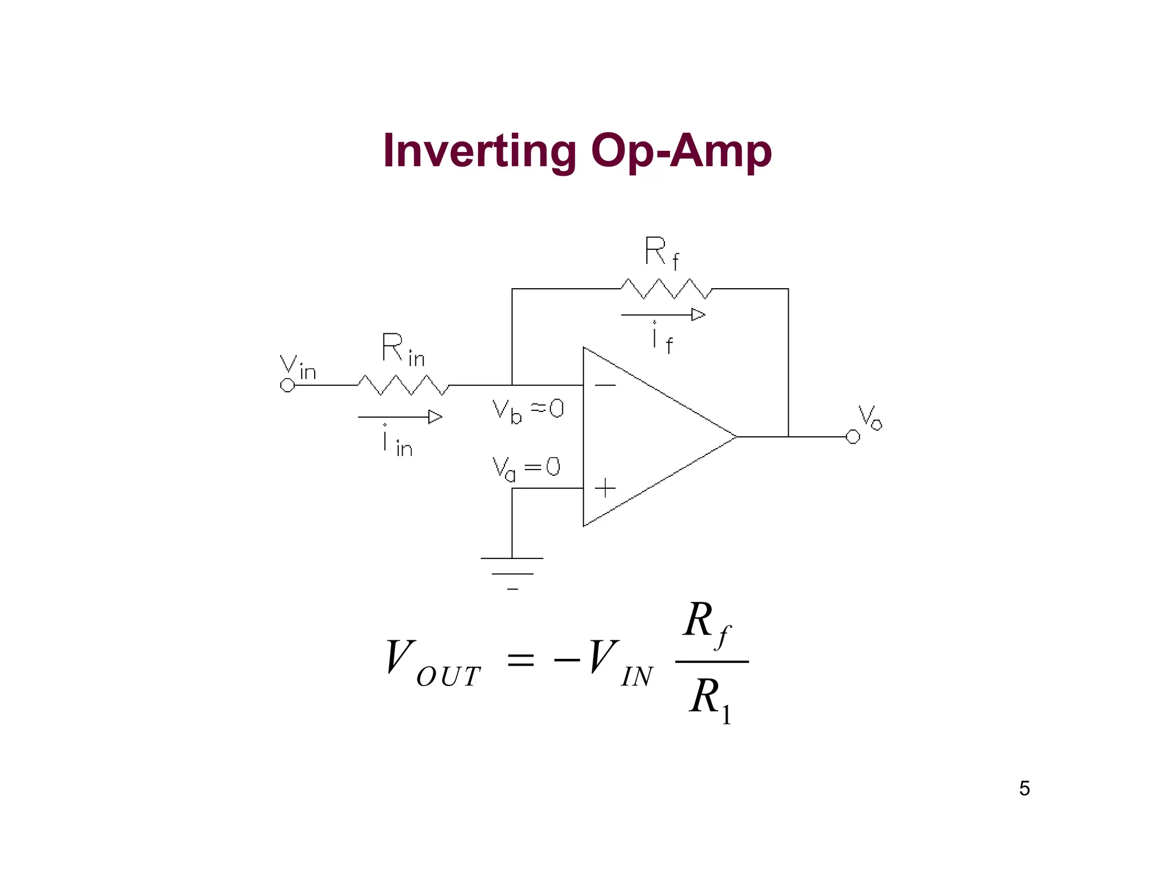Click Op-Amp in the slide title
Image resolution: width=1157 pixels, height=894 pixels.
pyautogui.click(x=681, y=151)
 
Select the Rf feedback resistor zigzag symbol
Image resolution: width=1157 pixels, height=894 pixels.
pyautogui.click(x=666, y=289)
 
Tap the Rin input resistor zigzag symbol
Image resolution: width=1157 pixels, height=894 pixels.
pyautogui.click(x=403, y=385)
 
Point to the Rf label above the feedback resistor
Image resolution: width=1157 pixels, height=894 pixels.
pyautogui.click(x=662, y=253)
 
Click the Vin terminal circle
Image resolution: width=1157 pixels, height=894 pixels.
pyautogui.click(x=288, y=385)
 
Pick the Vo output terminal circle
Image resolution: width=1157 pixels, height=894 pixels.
pyautogui.click(x=852, y=437)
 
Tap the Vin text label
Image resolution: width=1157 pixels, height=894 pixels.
pyautogui.click(x=298, y=367)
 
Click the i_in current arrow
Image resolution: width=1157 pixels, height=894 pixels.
pyautogui.click(x=400, y=417)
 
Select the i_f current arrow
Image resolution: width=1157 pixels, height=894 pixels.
pyautogui.click(x=663, y=315)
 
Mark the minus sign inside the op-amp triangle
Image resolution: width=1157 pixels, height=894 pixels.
pyautogui.click(x=605, y=385)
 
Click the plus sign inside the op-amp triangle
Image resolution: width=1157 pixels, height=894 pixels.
pyautogui.click(x=605, y=488)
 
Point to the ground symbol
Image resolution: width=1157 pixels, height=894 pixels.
pyautogui.click(x=512, y=573)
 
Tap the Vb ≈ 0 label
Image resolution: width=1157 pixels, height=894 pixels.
pyautogui.click(x=528, y=410)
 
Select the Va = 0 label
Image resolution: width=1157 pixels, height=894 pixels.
pyautogui.click(x=526, y=468)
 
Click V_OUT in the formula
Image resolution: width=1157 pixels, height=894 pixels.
pyautogui.click(x=433, y=664)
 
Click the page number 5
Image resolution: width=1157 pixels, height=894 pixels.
pyautogui.click(x=1024, y=788)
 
